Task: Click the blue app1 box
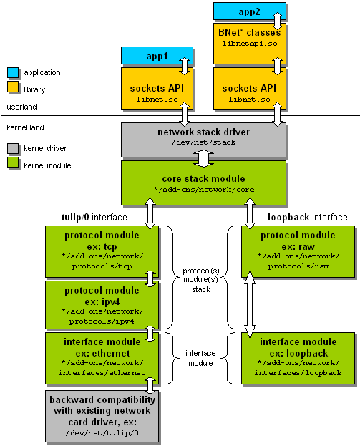[x=157, y=56]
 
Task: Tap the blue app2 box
[x=249, y=11]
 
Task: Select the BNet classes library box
[x=249, y=44]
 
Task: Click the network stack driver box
[x=203, y=140]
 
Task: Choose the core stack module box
[x=203, y=183]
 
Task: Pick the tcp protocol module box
[x=102, y=251]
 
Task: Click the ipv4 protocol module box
[x=102, y=305]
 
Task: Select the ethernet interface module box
[x=102, y=358]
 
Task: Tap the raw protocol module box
[x=298, y=251]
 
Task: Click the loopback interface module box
[x=298, y=358]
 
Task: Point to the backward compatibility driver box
[x=102, y=416]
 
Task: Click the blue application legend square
[x=13, y=72]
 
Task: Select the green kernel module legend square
[x=13, y=163]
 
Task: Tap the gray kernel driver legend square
[x=13, y=148]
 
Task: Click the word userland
[x=22, y=107]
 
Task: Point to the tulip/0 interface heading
[x=94, y=218]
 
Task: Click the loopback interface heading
[x=308, y=218]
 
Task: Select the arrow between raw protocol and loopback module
[x=250, y=304]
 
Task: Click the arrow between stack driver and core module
[x=203, y=159]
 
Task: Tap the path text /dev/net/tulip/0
[x=102, y=433]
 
